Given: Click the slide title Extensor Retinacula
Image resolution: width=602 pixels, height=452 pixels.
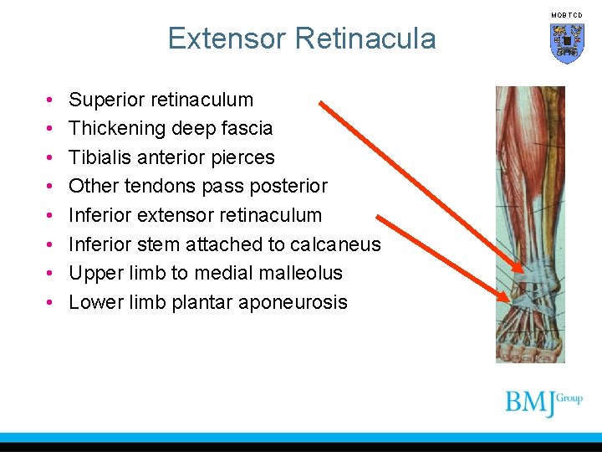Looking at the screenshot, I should point(301,39).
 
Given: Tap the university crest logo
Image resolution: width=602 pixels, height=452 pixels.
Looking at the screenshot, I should point(567,43).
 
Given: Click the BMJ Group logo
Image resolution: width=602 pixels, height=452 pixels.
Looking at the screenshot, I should point(543,402).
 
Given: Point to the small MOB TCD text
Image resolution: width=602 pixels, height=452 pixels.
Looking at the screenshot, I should point(566,15).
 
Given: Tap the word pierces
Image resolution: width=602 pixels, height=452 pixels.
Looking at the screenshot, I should point(244,157).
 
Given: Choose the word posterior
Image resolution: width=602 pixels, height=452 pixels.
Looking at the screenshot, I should point(288,186).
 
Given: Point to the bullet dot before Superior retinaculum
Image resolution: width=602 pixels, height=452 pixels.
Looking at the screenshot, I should point(51,100).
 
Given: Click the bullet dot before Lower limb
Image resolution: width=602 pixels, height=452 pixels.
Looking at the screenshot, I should point(51,303).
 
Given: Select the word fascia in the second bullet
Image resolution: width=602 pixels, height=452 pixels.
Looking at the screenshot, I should point(247,129).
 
